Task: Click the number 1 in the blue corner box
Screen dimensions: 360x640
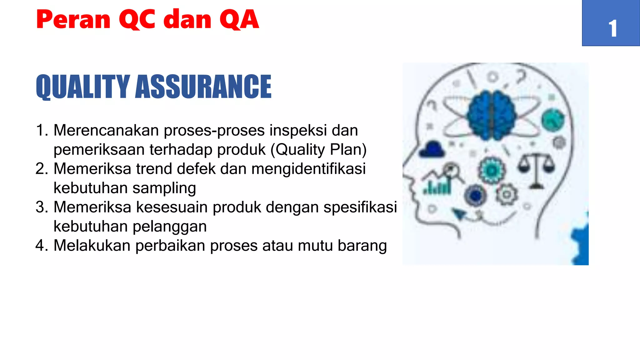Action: [x=612, y=29]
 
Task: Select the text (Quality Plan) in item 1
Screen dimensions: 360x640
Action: [x=318, y=149]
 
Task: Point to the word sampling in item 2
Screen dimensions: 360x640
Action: [x=164, y=188]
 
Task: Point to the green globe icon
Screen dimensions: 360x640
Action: [x=553, y=119]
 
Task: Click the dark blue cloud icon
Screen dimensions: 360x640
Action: [x=432, y=149]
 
